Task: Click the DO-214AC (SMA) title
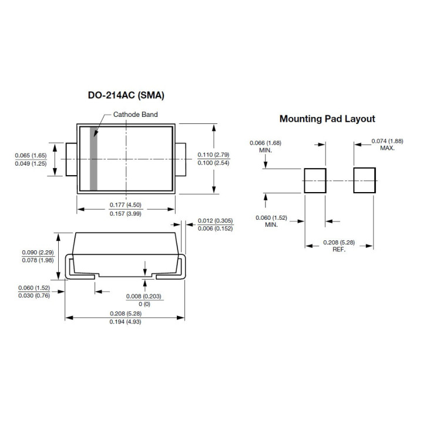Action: (126, 95)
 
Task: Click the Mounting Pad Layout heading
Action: (327, 119)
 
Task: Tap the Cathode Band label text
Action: (136, 115)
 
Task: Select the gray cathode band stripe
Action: (93, 158)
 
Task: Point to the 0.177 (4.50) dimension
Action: (126, 205)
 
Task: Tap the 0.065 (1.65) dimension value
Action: (31, 155)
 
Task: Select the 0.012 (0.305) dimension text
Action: (215, 220)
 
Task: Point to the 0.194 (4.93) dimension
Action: (126, 323)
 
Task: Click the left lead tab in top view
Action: (71, 159)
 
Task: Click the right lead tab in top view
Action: (180, 159)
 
